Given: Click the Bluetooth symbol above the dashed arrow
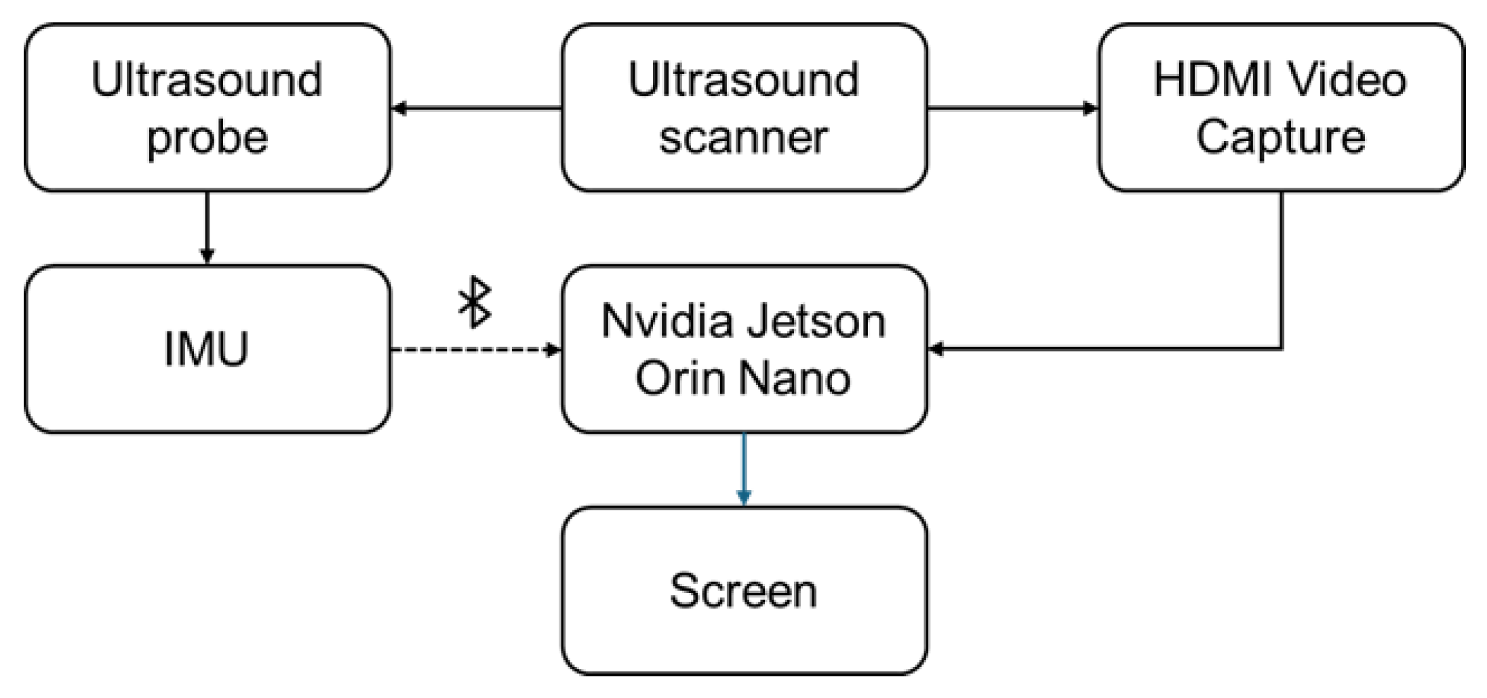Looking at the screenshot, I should tap(475, 302).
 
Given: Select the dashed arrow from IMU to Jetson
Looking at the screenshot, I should tap(475, 350).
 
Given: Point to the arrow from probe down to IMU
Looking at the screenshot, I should tap(207, 228).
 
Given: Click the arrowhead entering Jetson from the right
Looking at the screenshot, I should tap(936, 349).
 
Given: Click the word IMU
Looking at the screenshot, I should tap(206, 349).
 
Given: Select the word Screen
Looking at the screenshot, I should tap(743, 590).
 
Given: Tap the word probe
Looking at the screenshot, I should tap(207, 138).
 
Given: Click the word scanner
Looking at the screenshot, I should tap(743, 138).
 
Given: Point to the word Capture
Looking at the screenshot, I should tap(1280, 137).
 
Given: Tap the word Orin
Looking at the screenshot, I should tap(681, 377).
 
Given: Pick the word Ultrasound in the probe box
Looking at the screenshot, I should tap(207, 80).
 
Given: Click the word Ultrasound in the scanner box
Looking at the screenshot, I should tap(743, 80).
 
